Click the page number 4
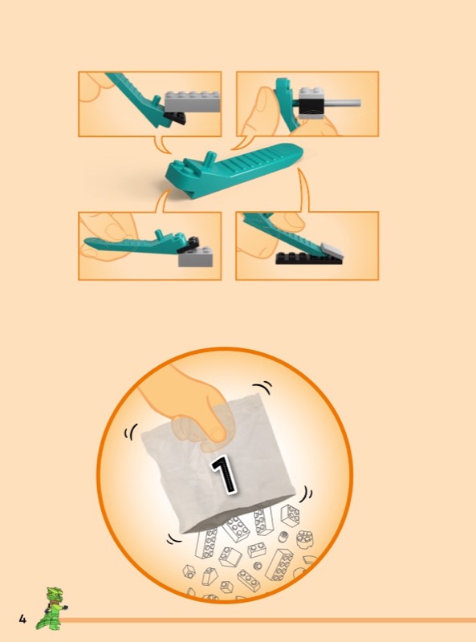(22, 619)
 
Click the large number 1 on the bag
(224, 475)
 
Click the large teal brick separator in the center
(234, 171)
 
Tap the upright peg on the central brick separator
(210, 158)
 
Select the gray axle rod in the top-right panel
(342, 104)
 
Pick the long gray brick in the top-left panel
(193, 102)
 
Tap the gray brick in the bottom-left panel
(195, 257)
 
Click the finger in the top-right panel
(262, 112)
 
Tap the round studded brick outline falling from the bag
(304, 539)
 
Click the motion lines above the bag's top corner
(262, 387)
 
